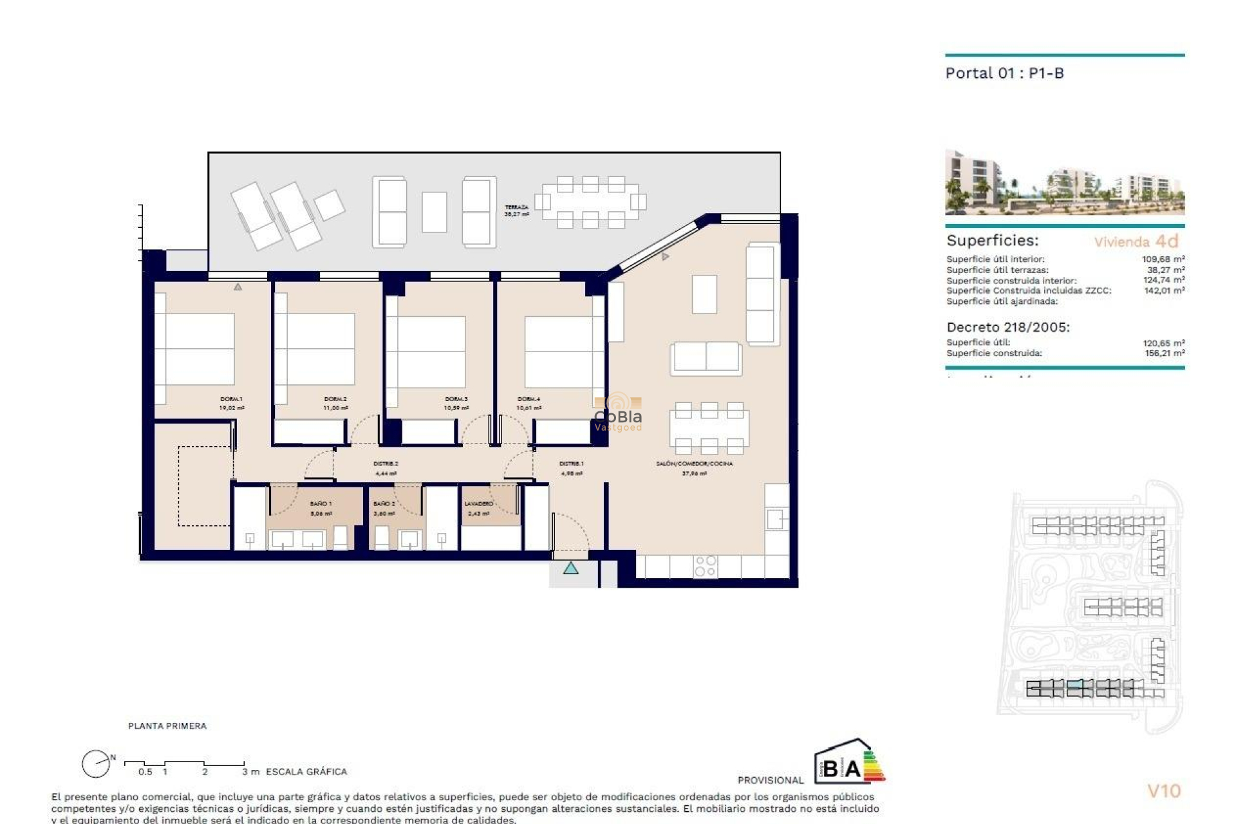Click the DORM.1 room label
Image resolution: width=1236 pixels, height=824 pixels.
231,399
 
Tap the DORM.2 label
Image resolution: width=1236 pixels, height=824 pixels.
335,399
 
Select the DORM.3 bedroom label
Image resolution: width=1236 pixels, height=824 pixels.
456,399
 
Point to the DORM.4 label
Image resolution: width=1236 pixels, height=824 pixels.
529,399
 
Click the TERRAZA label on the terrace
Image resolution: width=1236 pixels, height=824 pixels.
516,207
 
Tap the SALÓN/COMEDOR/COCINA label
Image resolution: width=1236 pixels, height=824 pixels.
694,464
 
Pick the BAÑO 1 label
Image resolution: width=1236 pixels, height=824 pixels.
321,503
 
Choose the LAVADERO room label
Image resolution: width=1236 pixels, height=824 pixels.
478,503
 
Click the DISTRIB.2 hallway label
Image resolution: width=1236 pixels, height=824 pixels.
386,464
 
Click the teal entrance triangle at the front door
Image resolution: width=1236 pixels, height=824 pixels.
570,568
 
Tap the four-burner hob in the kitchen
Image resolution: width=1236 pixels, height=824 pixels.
705,566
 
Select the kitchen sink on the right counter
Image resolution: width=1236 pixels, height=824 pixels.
776,518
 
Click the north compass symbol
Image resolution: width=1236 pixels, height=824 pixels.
96,764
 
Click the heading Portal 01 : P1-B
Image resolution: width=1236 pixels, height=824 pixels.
1004,73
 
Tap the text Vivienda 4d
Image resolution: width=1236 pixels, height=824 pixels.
1136,241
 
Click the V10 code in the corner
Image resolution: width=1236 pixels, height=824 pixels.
1164,791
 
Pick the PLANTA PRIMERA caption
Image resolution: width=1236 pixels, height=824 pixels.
167,726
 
